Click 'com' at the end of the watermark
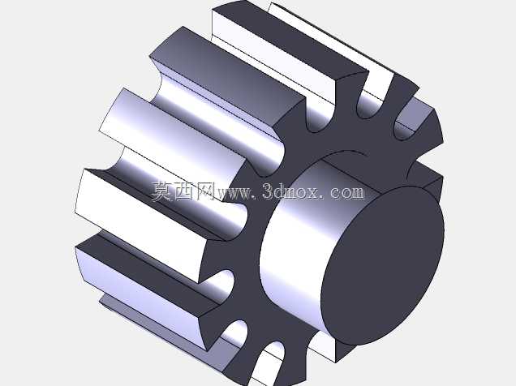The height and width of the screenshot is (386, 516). point(347,193)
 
